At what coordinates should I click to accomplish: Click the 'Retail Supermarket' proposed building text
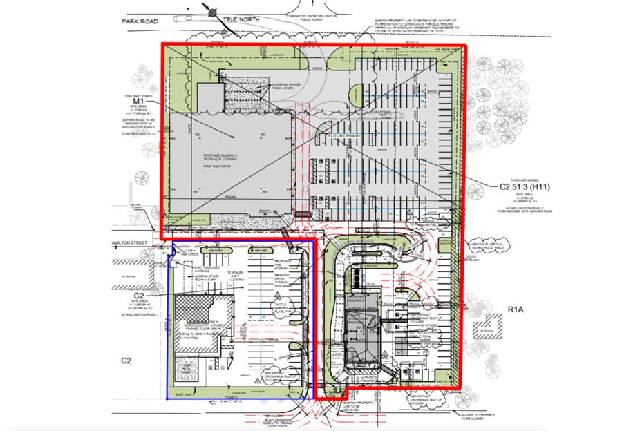point(209,166)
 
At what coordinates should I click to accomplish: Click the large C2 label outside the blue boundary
point(127,360)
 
